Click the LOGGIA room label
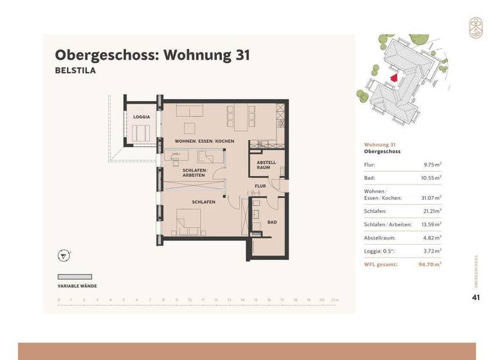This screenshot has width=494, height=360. click(x=142, y=116)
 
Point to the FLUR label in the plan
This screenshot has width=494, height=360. click(x=260, y=186)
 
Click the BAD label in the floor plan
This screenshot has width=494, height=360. click(x=272, y=222)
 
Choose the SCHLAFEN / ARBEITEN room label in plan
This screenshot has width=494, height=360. click(x=194, y=172)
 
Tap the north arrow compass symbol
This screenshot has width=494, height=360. click(x=63, y=256)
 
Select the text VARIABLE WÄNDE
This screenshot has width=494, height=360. click(x=78, y=285)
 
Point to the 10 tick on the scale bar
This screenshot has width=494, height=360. click(x=190, y=300)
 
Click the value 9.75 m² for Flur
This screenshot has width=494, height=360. click(x=431, y=165)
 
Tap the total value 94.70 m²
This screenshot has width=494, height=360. click(x=429, y=264)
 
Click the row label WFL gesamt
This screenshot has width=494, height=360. click(x=381, y=264)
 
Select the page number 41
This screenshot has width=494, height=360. click(x=476, y=297)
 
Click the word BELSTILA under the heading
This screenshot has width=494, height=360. click(x=75, y=71)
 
